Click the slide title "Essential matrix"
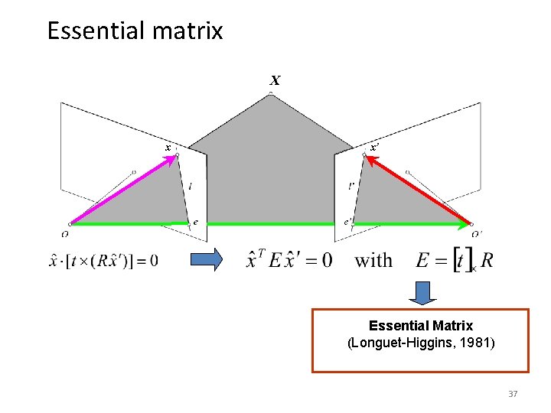(135, 31)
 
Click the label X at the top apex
(274, 80)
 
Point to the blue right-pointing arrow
(205, 259)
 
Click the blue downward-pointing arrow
(420, 292)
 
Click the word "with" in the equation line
(373, 260)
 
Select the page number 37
(513, 394)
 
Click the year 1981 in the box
(477, 343)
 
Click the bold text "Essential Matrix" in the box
(420, 326)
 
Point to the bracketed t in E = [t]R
(461, 260)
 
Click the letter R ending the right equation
(487, 260)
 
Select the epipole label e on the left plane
(195, 223)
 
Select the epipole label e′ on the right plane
(348, 222)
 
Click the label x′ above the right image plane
(374, 146)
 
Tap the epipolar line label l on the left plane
(190, 186)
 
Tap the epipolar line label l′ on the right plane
(350, 185)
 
